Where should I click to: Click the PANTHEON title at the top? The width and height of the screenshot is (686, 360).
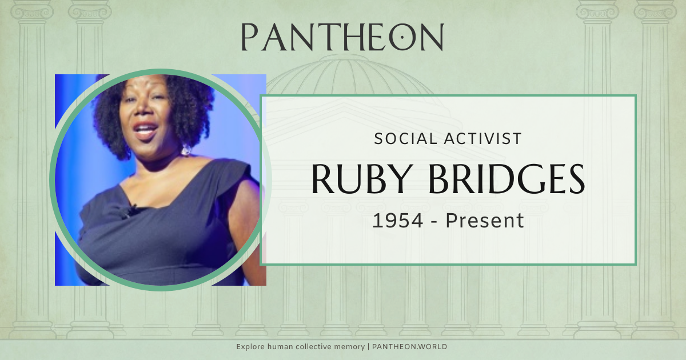coord(342,37)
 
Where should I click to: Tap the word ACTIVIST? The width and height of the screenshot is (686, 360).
coord(483,139)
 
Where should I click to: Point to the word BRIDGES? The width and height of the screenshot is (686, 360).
coord(506,179)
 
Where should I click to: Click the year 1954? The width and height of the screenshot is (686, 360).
coord(398,221)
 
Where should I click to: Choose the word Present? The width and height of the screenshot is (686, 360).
coord(485,221)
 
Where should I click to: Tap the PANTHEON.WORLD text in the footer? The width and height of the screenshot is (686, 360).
coord(409,347)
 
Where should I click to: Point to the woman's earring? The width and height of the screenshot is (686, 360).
coord(186,150)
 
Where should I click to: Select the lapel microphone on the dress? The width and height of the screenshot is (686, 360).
coord(131,211)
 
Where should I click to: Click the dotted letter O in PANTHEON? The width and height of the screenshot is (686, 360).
coord(402,37)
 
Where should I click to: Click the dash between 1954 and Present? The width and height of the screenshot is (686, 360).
coord(434,222)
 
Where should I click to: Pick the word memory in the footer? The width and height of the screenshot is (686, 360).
coord(349,347)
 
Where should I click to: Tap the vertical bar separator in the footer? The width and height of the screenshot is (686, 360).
coord(368,347)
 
